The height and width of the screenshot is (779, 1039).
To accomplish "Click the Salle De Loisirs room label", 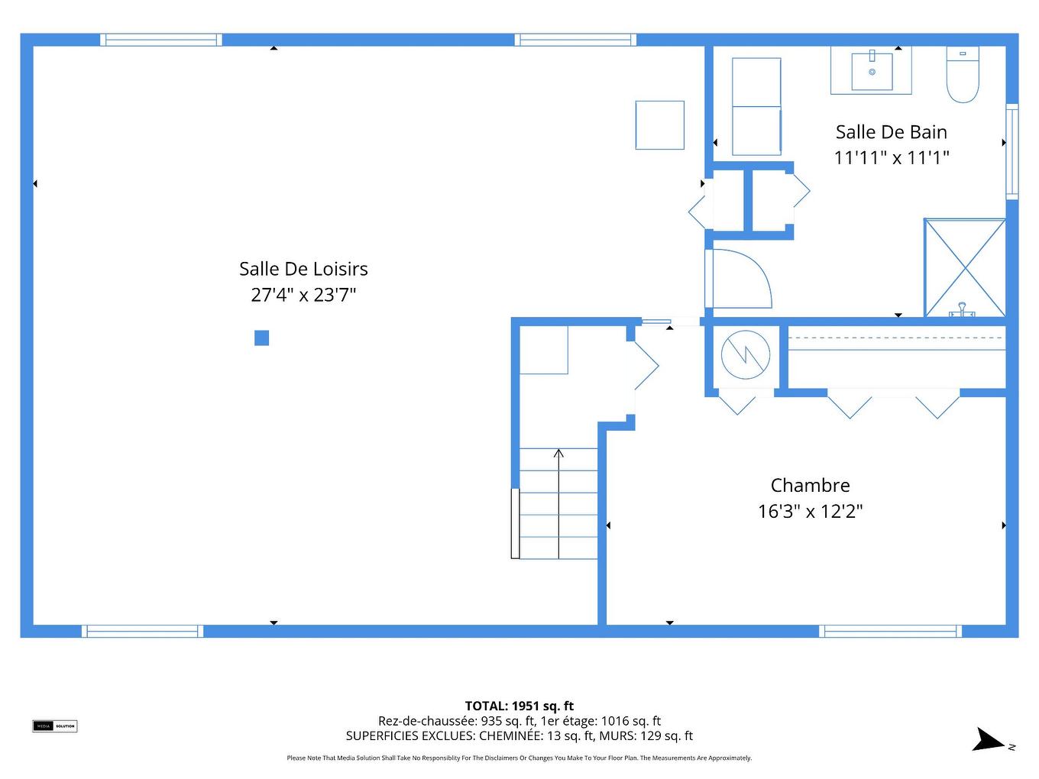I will (303, 269).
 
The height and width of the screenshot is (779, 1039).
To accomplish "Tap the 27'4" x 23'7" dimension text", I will (303, 295).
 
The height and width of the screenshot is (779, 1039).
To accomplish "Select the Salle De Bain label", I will (891, 132).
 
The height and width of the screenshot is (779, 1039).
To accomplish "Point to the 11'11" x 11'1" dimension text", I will (891, 158).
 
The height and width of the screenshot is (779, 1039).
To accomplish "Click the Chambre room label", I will (810, 486).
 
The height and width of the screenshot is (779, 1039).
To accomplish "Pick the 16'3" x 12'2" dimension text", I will (810, 512).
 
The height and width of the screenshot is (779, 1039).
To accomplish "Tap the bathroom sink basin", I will (872, 71).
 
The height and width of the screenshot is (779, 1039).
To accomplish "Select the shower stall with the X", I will (965, 267).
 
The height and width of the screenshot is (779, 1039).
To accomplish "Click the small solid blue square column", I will (261, 338).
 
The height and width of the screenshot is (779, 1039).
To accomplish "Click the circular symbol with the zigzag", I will (746, 354).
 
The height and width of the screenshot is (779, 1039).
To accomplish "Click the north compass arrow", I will (989, 740).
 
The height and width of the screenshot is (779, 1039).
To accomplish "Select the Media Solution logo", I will (54, 726).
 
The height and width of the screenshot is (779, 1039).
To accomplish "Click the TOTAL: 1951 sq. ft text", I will (519, 706).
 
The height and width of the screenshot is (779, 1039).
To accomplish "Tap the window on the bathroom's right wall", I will (1011, 151).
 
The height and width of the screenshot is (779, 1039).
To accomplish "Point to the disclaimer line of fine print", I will (519, 758).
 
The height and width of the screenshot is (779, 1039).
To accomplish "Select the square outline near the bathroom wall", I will (659, 125).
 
